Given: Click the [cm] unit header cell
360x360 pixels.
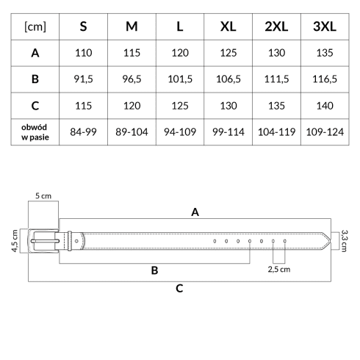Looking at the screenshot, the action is (x=35, y=26).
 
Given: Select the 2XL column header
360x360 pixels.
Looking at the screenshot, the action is (x=276, y=26).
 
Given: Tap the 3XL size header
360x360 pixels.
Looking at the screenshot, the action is (x=325, y=26).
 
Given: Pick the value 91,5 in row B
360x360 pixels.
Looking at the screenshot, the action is (x=83, y=79).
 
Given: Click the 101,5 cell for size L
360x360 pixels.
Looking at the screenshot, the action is (x=180, y=79).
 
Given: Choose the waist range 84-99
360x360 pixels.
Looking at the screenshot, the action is (x=83, y=132).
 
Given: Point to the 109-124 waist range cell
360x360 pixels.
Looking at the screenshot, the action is (x=325, y=132).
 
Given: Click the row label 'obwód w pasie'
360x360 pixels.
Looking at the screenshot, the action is (x=35, y=132).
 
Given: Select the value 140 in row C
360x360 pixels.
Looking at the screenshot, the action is (x=325, y=106).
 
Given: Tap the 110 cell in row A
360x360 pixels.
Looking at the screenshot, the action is (x=83, y=53).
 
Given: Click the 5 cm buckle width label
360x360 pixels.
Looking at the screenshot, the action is (x=43, y=196).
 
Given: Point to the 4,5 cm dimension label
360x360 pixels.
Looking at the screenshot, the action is (x=15, y=241).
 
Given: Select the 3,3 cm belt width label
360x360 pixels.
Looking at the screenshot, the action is (x=344, y=241).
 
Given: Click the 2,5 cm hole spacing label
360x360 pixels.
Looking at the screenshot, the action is (x=279, y=270).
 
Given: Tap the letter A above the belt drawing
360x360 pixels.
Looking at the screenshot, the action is (x=195, y=212).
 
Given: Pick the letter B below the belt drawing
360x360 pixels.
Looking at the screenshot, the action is (x=154, y=270).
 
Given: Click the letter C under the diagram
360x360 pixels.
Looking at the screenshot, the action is (x=179, y=289).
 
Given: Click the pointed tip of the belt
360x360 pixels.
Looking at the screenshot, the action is (x=331, y=241).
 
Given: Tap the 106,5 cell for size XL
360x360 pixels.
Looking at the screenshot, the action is (x=228, y=79).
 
